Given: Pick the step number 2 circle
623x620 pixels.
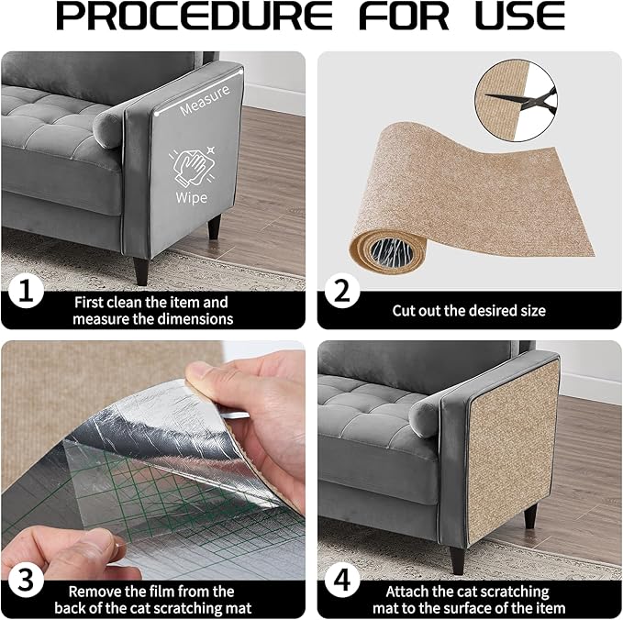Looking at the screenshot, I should tap(341, 293).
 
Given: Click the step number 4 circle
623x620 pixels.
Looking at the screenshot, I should tap(341, 581).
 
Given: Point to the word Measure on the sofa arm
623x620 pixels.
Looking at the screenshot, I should tap(204, 107).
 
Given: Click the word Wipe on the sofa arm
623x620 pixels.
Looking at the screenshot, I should tap(192, 197).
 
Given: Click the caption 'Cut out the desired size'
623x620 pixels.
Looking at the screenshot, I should tap(468, 311).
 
